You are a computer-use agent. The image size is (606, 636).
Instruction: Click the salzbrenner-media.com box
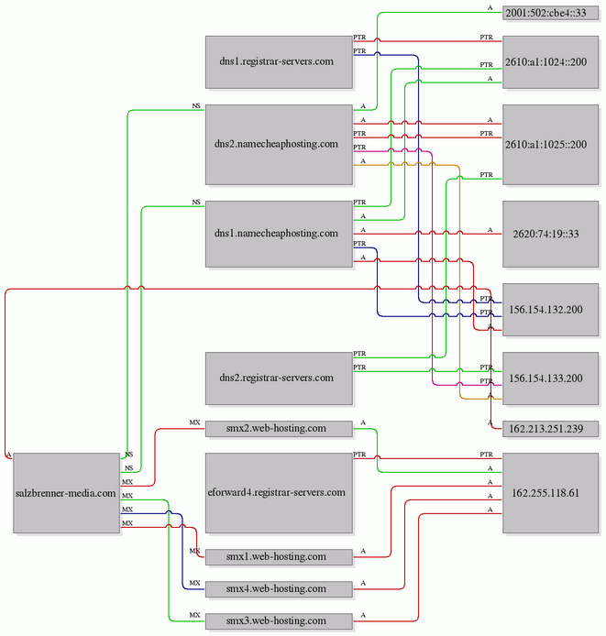(67, 493)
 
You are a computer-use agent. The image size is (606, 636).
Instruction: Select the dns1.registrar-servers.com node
(279, 62)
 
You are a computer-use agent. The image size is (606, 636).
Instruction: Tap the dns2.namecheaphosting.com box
(279, 145)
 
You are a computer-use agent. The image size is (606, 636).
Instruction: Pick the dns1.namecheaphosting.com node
(279, 234)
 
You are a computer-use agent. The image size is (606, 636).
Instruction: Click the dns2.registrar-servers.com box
(279, 378)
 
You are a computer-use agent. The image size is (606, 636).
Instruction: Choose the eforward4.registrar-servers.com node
(279, 493)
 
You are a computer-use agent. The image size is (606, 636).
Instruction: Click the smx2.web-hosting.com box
(279, 429)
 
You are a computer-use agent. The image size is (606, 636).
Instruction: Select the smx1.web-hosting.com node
(279, 557)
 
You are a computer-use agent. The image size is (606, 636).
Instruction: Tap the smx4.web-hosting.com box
(279, 589)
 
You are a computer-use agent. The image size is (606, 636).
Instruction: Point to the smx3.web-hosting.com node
(279, 621)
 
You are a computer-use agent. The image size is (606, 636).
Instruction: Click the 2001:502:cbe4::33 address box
(550, 13)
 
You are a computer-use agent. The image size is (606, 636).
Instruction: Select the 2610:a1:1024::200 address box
(550, 62)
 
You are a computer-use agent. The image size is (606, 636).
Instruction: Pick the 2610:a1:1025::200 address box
(550, 145)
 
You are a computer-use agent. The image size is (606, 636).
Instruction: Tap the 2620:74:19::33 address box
(550, 234)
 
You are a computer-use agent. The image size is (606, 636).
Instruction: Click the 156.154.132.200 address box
(550, 310)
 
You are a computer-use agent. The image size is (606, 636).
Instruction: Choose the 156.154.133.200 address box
(550, 378)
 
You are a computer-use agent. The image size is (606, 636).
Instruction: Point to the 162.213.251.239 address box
(550, 429)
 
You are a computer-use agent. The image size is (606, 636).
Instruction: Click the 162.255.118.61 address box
(550, 493)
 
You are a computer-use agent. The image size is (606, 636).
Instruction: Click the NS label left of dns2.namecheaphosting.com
(196, 106)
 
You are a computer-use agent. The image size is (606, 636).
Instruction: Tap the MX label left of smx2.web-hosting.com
(195, 422)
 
